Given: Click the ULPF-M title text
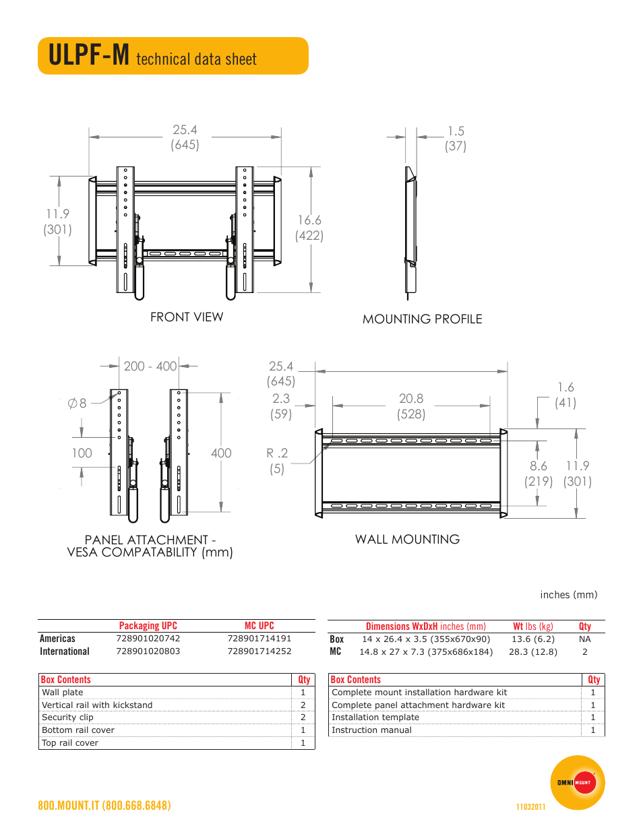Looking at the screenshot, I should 89,55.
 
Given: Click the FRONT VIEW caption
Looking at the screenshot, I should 187,317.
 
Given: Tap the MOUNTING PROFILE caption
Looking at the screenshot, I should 422,319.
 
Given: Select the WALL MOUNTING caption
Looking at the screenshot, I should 407,540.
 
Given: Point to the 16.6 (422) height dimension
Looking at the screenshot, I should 309,228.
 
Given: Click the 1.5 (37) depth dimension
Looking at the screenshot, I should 456,138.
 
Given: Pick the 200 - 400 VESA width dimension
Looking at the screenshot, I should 150,366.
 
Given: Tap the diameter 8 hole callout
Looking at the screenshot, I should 77,404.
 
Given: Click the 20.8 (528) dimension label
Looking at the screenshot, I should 411,406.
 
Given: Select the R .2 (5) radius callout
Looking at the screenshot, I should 276,461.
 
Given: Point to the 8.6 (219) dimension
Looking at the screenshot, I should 539,474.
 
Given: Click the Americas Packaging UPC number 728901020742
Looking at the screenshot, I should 148,639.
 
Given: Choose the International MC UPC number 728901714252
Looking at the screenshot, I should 259,651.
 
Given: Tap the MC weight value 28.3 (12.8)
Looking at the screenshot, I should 533,652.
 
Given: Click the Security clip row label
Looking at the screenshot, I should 68,717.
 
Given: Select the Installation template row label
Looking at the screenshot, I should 375,717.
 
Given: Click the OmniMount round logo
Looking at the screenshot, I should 578,782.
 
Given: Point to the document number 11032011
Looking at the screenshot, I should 530,807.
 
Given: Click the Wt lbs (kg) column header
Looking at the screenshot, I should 533,627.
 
